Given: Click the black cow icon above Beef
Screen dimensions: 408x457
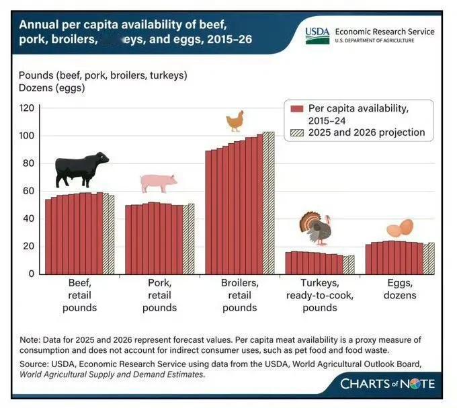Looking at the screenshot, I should (x=81, y=170).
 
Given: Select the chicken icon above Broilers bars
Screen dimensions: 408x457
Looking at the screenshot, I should (x=235, y=121).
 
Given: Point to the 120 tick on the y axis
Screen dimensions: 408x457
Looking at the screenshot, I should (x=26, y=108).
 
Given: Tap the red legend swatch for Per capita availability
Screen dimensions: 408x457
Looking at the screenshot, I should (x=297, y=108).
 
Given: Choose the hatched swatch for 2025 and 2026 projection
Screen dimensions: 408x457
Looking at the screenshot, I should (x=297, y=132).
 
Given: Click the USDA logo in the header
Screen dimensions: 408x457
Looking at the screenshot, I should (x=317, y=34).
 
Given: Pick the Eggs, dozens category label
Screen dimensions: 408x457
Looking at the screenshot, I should (x=399, y=290).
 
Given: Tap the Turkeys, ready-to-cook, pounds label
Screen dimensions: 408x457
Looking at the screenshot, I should (x=320, y=296).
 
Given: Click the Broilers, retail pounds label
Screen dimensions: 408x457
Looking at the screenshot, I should (x=239, y=296).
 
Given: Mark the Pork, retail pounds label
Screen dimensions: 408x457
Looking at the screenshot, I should (x=159, y=296).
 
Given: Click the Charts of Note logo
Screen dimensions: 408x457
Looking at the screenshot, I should (x=388, y=384).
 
